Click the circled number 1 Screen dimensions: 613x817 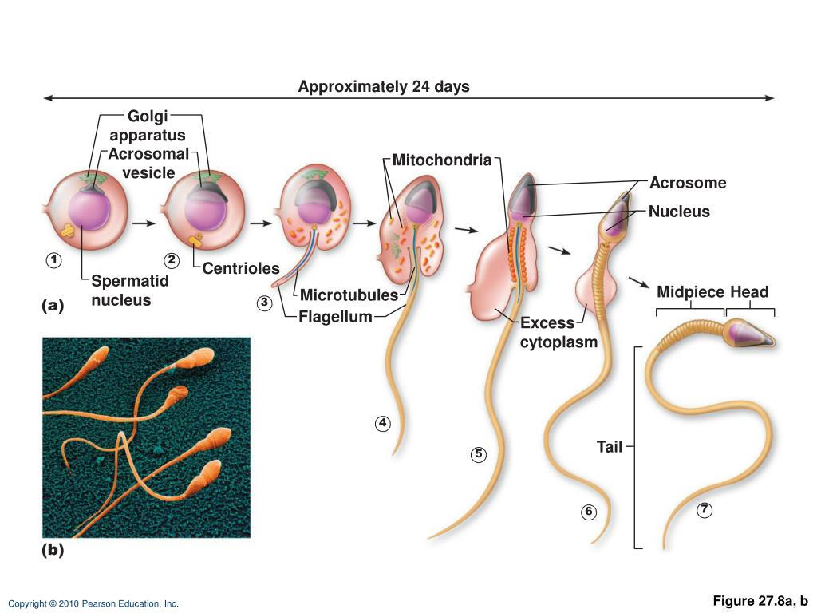pyautogui.click(x=53, y=260)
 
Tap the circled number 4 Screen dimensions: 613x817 pyautogui.click(x=383, y=423)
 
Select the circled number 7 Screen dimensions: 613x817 pyautogui.click(x=704, y=510)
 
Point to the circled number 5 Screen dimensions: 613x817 pyautogui.click(x=478, y=454)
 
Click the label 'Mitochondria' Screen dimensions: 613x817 pyautogui.click(x=442, y=160)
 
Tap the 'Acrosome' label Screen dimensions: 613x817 pyautogui.click(x=688, y=183)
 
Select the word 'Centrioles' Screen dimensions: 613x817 pyautogui.click(x=241, y=268)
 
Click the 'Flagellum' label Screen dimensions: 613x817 pyautogui.click(x=335, y=318)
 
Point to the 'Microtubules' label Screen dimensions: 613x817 pyautogui.click(x=349, y=296)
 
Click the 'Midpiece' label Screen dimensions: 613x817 pyautogui.click(x=690, y=292)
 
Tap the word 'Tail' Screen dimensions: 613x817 pyautogui.click(x=610, y=447)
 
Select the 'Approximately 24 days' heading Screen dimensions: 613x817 pyautogui.click(x=384, y=86)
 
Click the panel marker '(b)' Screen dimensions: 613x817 pyautogui.click(x=53, y=550)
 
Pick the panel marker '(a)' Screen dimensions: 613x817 pyautogui.click(x=53, y=305)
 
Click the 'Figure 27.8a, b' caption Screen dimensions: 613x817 pyautogui.click(x=760, y=600)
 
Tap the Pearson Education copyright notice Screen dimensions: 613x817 pyautogui.click(x=93, y=604)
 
